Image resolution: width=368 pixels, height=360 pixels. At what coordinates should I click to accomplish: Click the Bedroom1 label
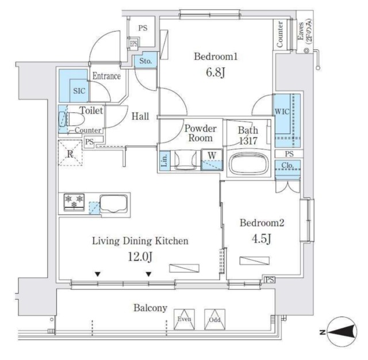pos(216,57)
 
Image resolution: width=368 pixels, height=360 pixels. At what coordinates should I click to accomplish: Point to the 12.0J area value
pos(140,257)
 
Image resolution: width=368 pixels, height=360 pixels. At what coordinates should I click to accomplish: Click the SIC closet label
pos(78,91)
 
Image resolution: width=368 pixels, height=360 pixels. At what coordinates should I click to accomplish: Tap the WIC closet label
pos(282,111)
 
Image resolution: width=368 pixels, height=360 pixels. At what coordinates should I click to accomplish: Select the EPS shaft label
pos(133,44)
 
